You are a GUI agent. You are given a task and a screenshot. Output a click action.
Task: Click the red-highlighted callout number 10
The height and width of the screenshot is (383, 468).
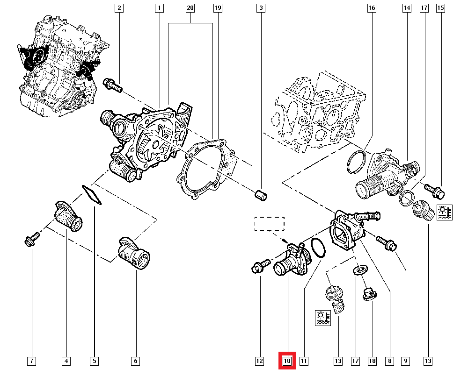point(287,361)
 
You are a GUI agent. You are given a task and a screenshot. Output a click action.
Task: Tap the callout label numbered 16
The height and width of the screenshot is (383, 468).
point(372,8)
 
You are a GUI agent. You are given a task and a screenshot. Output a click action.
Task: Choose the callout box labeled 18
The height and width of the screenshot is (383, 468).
point(373,361)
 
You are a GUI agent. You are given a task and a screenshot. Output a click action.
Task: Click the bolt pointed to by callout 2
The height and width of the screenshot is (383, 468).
point(112,85)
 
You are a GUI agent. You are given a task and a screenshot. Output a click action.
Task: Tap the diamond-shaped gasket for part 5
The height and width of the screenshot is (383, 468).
point(92,195)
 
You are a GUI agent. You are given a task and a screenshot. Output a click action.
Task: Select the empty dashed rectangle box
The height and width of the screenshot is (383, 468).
point(269,224)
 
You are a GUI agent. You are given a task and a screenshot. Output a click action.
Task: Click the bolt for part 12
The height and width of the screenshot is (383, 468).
point(259,266)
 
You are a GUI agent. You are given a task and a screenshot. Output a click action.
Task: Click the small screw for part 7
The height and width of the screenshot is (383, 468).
point(32,240)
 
